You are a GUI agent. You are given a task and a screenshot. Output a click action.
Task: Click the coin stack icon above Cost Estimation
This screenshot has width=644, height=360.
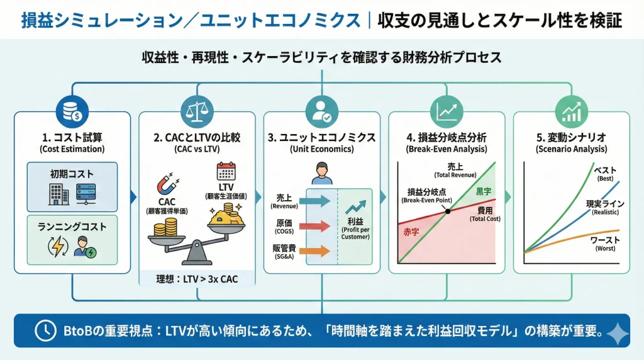pyautogui.click(x=72, y=111)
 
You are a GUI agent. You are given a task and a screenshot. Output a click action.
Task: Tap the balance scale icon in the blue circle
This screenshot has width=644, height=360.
pyautogui.click(x=197, y=111)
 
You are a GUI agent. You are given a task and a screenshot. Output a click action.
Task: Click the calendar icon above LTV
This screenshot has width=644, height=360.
pyautogui.click(x=225, y=172)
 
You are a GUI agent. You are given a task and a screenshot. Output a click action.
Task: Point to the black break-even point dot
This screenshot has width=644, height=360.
pyautogui.click(x=447, y=210)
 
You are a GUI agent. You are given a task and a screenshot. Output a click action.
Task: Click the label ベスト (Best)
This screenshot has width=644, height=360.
pyautogui.click(x=606, y=170)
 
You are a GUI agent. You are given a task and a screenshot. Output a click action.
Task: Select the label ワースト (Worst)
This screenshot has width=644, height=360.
pyautogui.click(x=605, y=240)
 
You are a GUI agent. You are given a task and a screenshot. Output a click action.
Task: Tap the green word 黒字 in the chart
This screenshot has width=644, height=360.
pyautogui.click(x=484, y=191)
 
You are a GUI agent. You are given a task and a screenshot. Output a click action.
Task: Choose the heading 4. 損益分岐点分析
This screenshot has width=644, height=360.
pyautogui.click(x=447, y=137)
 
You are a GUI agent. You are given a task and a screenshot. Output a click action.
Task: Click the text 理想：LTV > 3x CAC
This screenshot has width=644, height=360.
pyautogui.click(x=196, y=279)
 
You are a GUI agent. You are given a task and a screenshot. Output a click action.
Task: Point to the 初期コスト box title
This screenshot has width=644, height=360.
pyautogui.click(x=72, y=174)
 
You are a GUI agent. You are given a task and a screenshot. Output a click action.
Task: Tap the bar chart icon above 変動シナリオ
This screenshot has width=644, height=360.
pyautogui.click(x=571, y=111)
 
